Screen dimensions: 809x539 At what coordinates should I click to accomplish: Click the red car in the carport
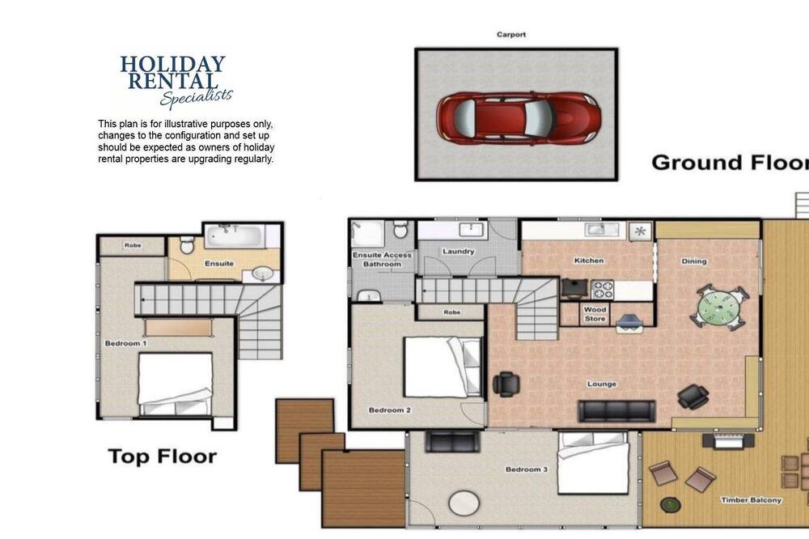519,118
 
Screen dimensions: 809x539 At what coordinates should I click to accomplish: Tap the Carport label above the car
511,35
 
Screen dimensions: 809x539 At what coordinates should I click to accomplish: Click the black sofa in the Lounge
617,411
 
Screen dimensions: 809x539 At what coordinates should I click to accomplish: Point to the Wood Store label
595,314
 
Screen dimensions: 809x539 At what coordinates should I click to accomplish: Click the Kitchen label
589,261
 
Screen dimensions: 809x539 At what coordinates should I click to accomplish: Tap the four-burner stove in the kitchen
602,290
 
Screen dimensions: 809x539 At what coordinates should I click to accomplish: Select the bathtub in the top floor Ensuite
235,236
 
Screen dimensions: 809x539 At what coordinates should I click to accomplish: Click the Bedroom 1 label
126,343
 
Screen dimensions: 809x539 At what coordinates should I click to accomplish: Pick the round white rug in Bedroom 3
464,503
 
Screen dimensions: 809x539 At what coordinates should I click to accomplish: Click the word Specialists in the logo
197,97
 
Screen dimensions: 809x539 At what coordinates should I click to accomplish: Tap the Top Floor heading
163,457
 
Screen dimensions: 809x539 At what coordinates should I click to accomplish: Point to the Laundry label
458,252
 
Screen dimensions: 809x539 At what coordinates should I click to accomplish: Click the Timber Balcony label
752,500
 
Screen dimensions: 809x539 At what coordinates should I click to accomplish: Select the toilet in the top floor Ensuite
187,245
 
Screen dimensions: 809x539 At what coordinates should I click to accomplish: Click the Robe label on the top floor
133,245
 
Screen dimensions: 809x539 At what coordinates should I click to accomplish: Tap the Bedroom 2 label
390,410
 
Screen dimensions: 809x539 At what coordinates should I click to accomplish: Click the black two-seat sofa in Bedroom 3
452,442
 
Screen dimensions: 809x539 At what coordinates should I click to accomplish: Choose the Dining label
694,261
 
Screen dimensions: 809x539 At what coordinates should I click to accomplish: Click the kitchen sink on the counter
602,229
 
